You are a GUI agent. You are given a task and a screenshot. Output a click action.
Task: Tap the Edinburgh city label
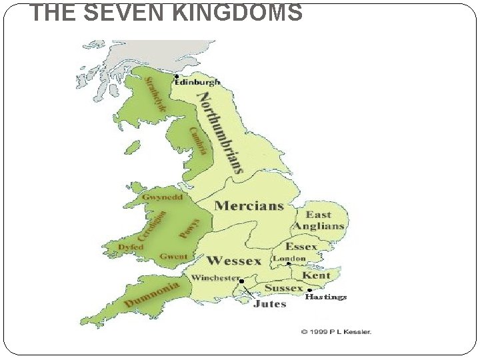click(x=197, y=82)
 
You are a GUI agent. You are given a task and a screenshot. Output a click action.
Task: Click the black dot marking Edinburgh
click(x=176, y=76)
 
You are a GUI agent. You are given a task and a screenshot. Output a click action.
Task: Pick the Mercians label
click(x=249, y=206)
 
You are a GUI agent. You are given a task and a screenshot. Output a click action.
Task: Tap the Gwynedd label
click(x=161, y=198)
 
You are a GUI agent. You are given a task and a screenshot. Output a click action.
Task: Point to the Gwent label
click(x=173, y=257)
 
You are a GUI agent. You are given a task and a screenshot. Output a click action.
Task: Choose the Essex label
click(x=301, y=247)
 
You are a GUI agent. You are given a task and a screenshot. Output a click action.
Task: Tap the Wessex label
click(x=233, y=260)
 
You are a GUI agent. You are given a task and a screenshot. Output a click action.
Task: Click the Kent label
click(x=316, y=275)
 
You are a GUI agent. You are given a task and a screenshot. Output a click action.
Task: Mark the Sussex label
click(x=285, y=288)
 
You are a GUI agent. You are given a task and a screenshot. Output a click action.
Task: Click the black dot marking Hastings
click(x=309, y=290)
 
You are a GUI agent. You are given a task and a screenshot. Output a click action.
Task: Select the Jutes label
click(x=269, y=304)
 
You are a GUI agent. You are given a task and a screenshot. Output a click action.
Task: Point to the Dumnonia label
click(x=152, y=294)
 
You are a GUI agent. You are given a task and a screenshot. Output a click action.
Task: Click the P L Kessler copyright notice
click(x=335, y=331)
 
